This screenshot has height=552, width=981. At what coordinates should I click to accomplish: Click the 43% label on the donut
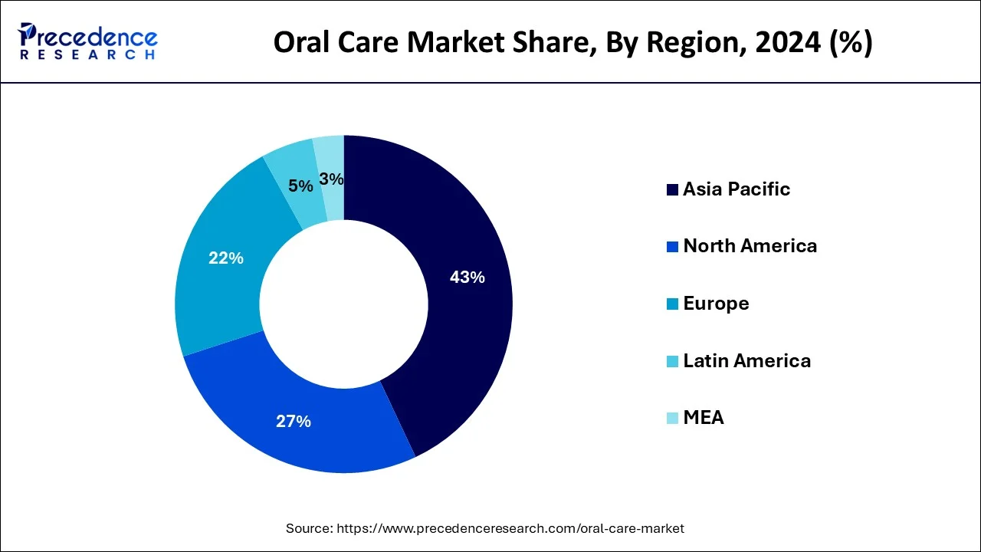[467, 278]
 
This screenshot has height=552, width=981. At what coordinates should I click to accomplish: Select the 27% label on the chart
[294, 421]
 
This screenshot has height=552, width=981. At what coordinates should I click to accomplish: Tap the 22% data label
[226, 258]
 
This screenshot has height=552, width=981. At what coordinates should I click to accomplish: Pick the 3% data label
[331, 179]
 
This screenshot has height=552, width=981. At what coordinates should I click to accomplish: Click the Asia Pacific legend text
[737, 189]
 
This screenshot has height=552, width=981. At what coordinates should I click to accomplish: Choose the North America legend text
[750, 246]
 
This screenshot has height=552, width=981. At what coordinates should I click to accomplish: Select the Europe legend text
[716, 304]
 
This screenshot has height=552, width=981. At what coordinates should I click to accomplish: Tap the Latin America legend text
[746, 360]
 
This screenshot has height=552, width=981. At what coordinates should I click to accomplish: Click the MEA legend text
[704, 418]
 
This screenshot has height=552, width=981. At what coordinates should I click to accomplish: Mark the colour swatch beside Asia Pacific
[673, 190]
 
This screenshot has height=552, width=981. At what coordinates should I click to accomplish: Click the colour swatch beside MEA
[673, 419]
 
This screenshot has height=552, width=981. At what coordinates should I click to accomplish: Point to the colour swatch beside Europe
[673, 304]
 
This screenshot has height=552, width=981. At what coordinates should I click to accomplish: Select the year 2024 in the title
[785, 44]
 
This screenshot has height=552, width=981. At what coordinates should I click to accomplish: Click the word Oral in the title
[301, 44]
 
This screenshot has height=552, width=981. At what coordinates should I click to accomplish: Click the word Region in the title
[678, 44]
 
